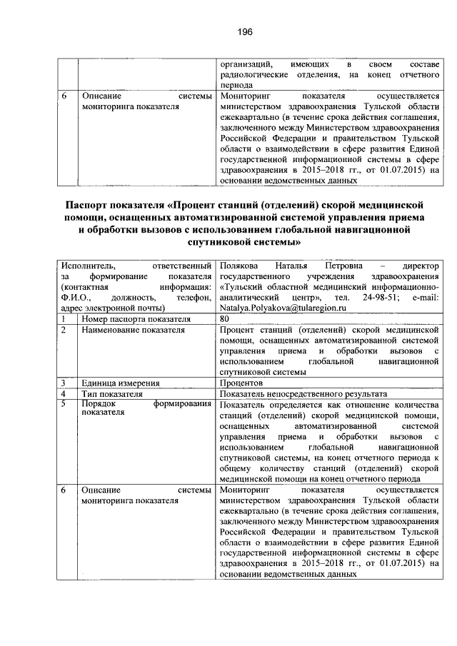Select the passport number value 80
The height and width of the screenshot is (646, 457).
pos(226,318)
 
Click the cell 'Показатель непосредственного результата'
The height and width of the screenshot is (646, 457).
pos(304,394)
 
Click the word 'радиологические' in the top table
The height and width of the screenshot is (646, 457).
pos(253,74)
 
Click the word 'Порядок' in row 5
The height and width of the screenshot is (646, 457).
pos(99,405)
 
